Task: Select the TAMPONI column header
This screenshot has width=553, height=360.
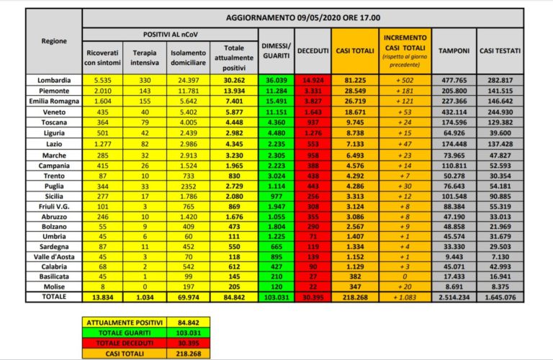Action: coord(454,50)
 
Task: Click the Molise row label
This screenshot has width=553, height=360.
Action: coord(55,285)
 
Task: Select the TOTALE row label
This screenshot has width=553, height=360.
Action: coord(55,296)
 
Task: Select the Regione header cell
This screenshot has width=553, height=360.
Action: coord(55,41)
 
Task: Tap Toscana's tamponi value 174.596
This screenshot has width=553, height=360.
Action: coord(454,124)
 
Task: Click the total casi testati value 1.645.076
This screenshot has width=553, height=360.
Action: coord(501,296)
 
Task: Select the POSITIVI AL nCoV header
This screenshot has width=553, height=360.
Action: coord(170,34)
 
